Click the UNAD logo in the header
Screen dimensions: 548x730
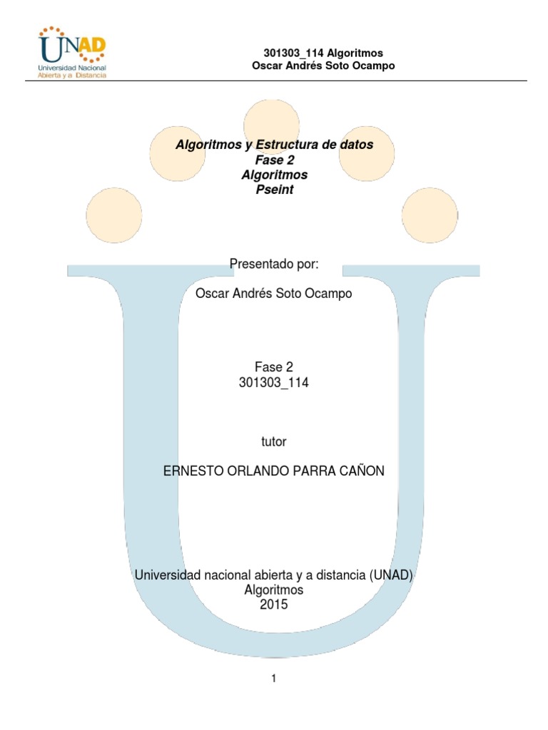click(72, 52)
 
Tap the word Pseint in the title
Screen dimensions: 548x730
click(275, 190)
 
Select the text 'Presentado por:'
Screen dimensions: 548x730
click(274, 264)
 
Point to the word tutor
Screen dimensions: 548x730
click(273, 441)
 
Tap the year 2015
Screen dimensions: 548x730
click(273, 605)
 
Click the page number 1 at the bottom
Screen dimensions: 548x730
click(273, 679)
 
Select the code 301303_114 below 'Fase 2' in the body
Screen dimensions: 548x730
click(273, 382)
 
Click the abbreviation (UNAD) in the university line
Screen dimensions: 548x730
click(391, 575)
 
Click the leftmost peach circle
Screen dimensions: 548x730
click(113, 215)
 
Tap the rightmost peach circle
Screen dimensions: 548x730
click(430, 215)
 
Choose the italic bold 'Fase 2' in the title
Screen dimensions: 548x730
click(275, 160)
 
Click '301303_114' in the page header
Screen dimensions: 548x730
click(293, 53)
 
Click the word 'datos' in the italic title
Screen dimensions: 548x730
click(357, 144)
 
